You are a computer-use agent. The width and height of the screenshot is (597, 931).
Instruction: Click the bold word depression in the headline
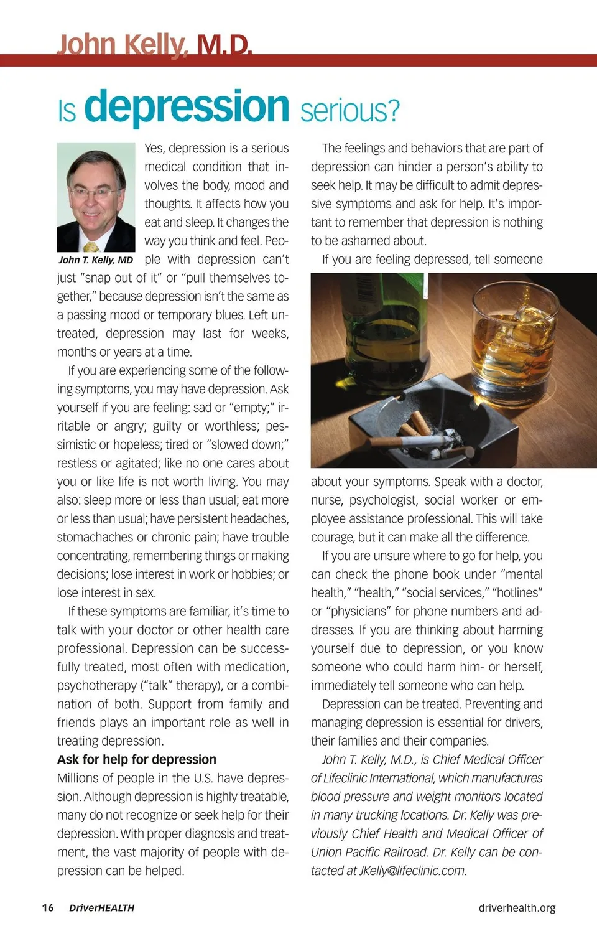point(187,107)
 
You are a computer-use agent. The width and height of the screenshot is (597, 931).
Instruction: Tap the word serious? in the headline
point(349,111)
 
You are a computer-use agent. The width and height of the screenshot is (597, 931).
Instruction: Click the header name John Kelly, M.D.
point(154,45)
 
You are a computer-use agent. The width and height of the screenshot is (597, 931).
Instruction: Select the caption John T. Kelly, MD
point(96,260)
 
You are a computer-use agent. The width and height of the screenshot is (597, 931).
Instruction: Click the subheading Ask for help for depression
point(137,759)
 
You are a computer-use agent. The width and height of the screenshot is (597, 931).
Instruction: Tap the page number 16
point(48,908)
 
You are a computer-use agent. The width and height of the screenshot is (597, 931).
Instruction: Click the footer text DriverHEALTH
point(101,908)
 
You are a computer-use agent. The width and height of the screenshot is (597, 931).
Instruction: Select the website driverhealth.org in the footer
point(517,908)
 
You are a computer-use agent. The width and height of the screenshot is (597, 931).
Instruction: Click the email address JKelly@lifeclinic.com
point(412,871)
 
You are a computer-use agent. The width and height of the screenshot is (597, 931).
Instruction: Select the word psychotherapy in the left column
point(97,685)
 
